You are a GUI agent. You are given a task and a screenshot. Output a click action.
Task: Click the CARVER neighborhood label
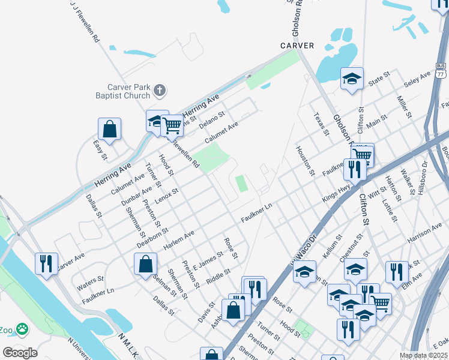pyautogui.click(x=297, y=46)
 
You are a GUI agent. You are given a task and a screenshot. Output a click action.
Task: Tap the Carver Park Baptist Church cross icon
pyautogui.click(x=159, y=91)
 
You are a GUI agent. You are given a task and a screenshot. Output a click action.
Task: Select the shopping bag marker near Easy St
pyautogui.click(x=109, y=128)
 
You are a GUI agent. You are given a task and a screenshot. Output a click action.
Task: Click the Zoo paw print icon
pyautogui.click(x=22, y=329)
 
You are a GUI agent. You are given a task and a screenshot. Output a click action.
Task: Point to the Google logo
pyautogui.click(x=20, y=352)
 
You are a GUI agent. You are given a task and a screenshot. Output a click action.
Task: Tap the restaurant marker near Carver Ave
pyautogui.click(x=46, y=263)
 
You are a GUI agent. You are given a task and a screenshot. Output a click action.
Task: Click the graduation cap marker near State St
pyautogui.click(x=352, y=78)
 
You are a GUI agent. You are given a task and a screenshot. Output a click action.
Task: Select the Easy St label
pyautogui.click(x=100, y=149)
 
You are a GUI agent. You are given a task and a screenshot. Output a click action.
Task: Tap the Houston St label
pyautogui.click(x=305, y=160)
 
